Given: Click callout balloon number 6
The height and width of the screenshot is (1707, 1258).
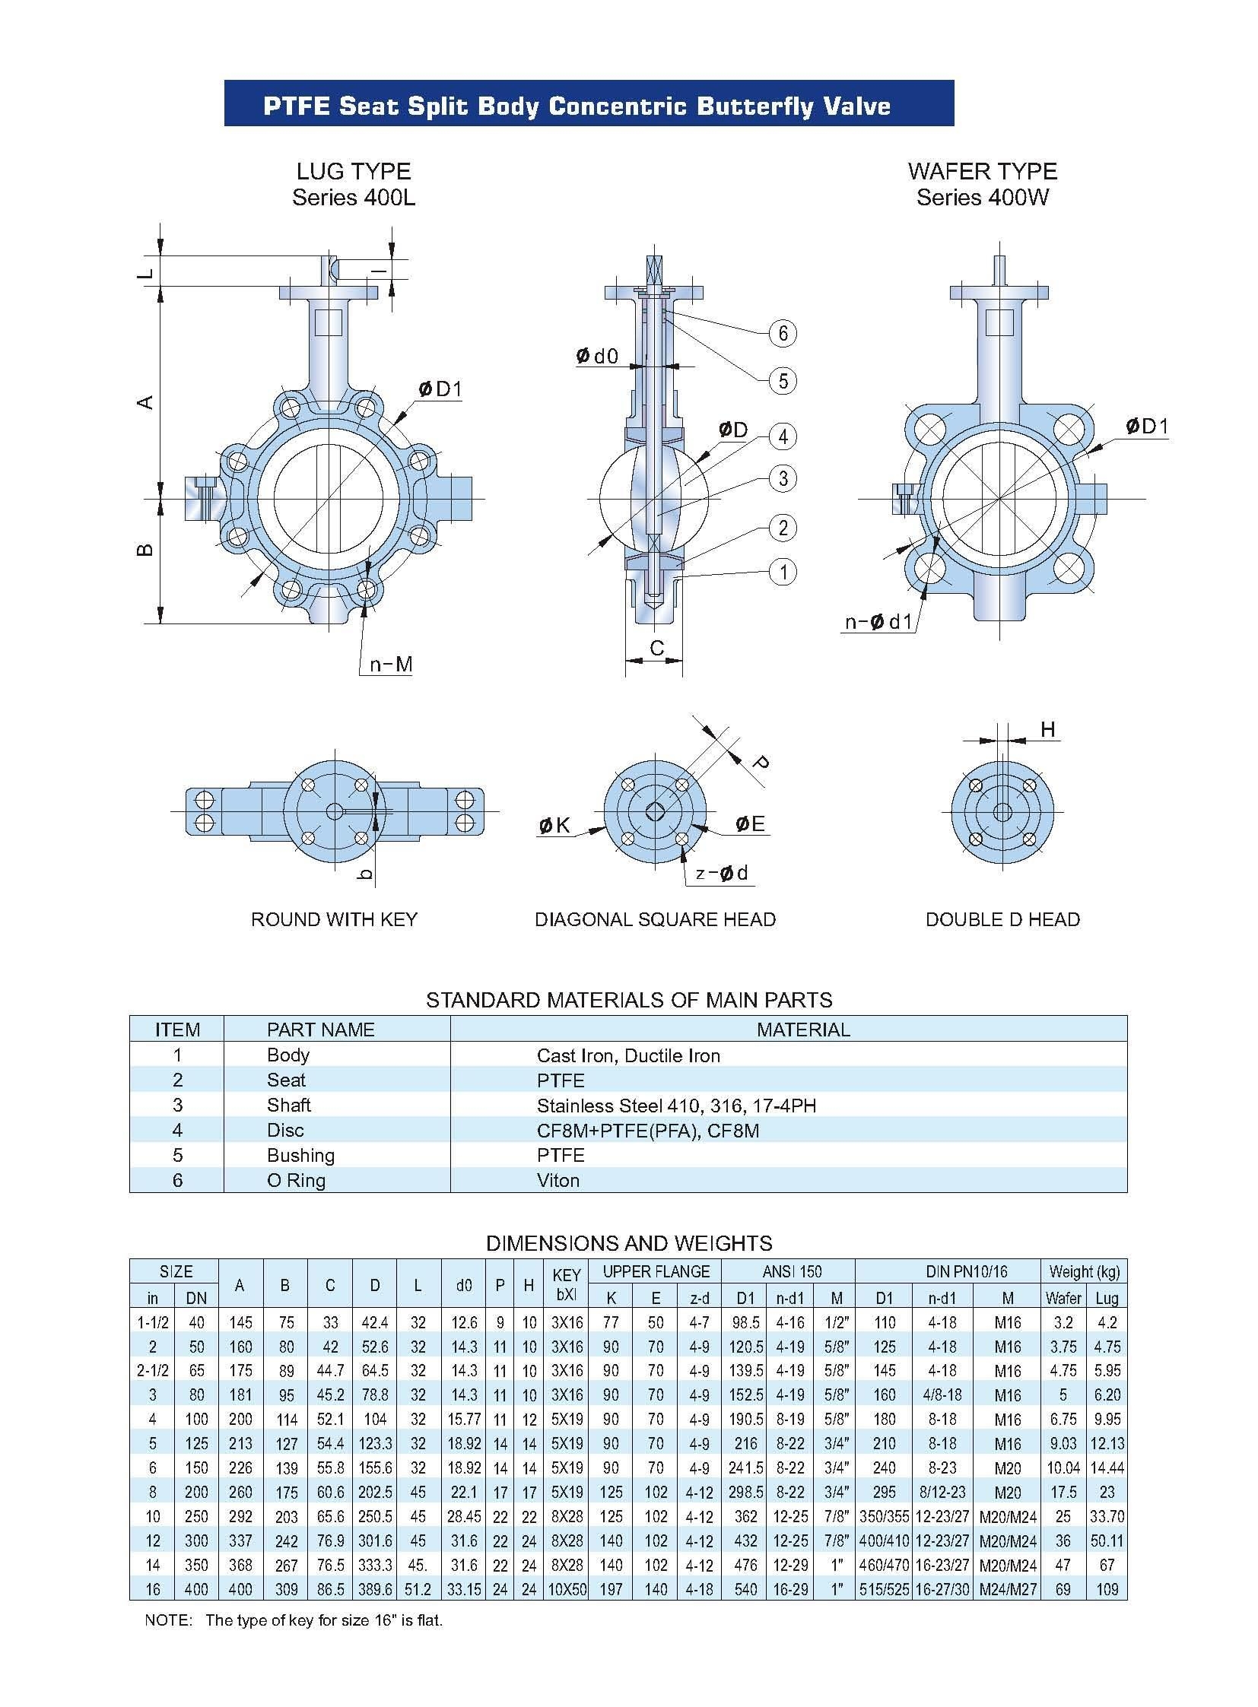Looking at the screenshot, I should click(782, 333).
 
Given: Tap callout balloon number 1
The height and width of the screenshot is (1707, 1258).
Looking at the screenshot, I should click(782, 572).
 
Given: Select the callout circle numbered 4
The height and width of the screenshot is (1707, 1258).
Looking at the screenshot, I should click(782, 436).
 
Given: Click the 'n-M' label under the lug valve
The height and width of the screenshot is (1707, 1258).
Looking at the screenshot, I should click(391, 665).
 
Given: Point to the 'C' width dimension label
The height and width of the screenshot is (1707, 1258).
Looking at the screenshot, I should click(656, 648).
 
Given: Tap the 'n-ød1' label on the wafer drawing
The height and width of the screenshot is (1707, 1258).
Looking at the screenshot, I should click(878, 622).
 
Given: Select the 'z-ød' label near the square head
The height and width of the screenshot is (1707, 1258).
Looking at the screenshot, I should click(722, 873).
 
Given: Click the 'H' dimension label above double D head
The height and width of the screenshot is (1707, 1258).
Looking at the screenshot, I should click(1048, 729).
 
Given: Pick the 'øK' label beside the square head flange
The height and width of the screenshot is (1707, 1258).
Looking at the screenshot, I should click(554, 824).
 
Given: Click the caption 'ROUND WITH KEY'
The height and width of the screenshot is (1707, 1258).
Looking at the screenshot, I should click(335, 919).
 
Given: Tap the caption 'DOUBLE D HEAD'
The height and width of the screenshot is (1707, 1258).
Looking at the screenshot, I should click(1002, 919).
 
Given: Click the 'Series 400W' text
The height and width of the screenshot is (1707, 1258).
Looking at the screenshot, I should click(983, 197).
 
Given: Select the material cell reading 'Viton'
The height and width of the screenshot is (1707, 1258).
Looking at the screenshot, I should click(558, 1180).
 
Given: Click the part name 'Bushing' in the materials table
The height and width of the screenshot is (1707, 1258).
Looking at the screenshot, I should click(300, 1155).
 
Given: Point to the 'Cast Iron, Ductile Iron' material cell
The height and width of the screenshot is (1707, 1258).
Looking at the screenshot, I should click(628, 1055).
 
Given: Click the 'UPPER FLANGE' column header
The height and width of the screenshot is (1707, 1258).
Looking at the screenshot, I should click(656, 1271).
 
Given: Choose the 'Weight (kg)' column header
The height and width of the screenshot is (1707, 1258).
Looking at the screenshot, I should click(1084, 1271).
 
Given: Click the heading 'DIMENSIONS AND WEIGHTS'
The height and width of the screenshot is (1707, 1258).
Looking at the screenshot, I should click(629, 1243).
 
